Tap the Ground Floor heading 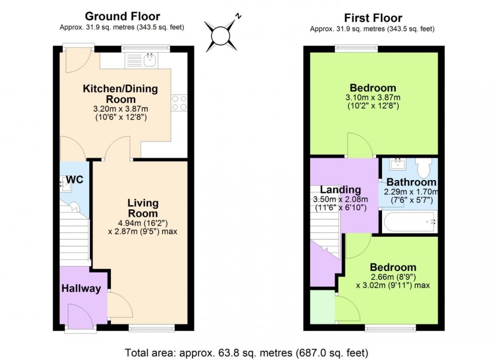[122, 17]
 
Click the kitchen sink [150, 61]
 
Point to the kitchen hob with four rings [179, 103]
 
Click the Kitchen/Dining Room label [120, 94]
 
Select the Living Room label [143, 208]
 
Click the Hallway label [81, 289]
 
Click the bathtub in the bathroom [409, 222]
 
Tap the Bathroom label [411, 182]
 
